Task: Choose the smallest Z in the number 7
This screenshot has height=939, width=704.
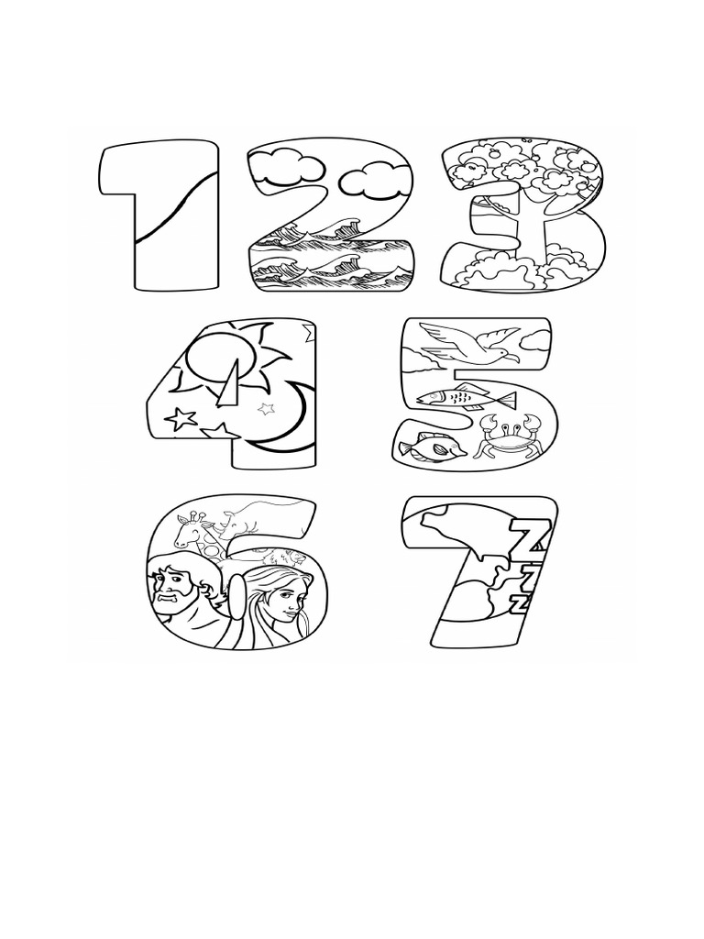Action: click(x=521, y=602)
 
